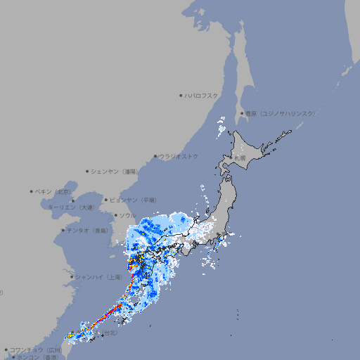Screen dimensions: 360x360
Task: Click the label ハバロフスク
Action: [x=202, y=95]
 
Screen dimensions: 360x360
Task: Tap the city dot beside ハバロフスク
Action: [x=181, y=95]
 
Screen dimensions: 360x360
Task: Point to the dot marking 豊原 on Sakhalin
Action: [x=242, y=113]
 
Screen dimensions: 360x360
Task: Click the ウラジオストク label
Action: [x=179, y=156]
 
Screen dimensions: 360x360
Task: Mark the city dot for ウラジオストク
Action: [x=155, y=156]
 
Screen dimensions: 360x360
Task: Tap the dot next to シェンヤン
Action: [x=88, y=171]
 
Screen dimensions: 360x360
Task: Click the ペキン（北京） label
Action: [x=54, y=191]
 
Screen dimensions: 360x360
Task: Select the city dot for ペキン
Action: [x=32, y=191]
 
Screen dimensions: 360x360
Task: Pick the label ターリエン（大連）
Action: [x=71, y=207]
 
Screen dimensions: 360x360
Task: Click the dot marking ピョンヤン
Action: [x=106, y=200]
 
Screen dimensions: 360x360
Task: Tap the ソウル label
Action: [x=127, y=215]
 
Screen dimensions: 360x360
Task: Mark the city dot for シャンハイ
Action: [x=72, y=277]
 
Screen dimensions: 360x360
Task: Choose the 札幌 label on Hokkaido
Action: [x=240, y=158]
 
